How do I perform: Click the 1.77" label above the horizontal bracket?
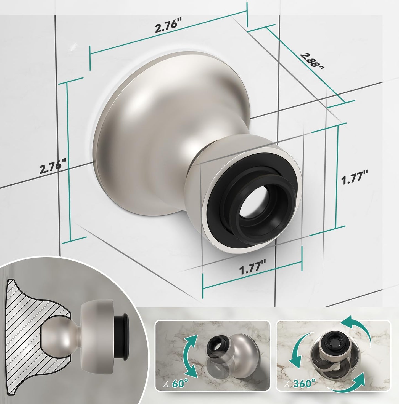(252, 269)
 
